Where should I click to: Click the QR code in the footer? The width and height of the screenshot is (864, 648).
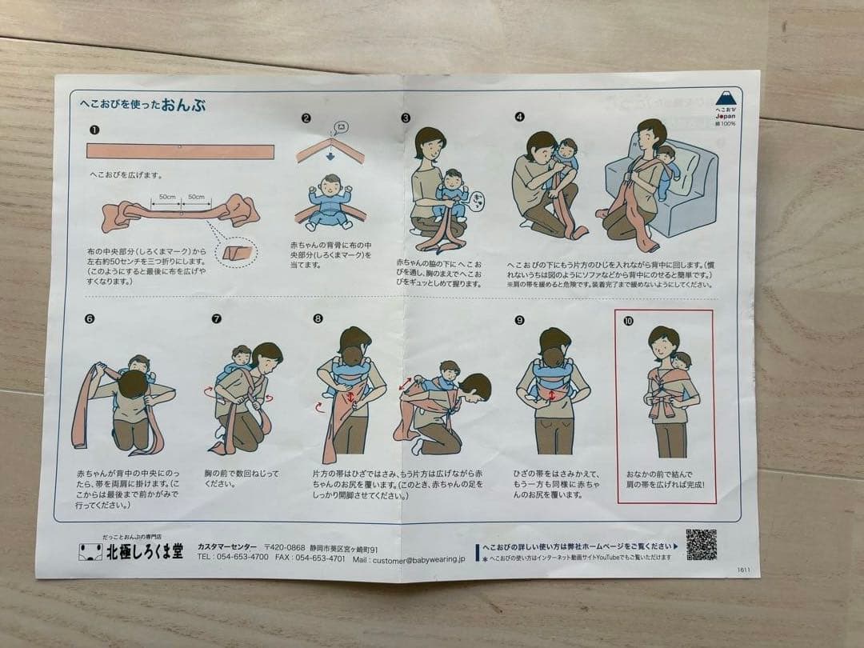(x=701, y=544)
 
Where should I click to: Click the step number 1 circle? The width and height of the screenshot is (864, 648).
(x=94, y=130)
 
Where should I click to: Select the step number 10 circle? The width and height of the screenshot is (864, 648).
(x=628, y=320)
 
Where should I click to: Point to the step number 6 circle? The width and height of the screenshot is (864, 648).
(x=89, y=318)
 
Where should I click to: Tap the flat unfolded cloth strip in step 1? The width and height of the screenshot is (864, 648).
(x=180, y=151)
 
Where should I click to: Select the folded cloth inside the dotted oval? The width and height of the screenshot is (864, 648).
(x=238, y=254)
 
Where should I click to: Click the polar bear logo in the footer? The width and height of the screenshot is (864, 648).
(x=90, y=552)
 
